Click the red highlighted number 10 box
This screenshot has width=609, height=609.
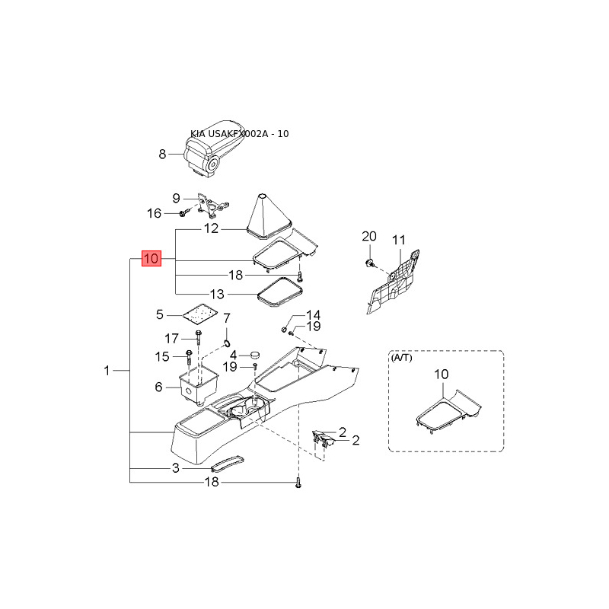(x=151, y=259)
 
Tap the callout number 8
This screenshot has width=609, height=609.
(x=162, y=155)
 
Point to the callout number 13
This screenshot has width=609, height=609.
(x=218, y=294)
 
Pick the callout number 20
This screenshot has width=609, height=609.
(x=368, y=236)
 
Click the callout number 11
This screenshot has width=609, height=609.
(x=400, y=241)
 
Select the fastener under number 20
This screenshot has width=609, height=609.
(x=368, y=263)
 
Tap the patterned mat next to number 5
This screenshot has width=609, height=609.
(x=199, y=314)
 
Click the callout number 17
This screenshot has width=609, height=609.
(x=171, y=338)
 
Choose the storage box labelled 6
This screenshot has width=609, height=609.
(x=196, y=382)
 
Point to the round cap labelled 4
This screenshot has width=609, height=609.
(x=253, y=354)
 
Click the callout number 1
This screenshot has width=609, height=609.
(x=107, y=371)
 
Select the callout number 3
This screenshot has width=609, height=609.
(x=175, y=468)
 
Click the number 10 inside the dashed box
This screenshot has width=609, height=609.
(x=442, y=375)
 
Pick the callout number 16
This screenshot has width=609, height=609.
(x=154, y=213)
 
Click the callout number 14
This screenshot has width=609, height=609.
(x=313, y=315)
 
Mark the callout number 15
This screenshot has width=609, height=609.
(x=162, y=356)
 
